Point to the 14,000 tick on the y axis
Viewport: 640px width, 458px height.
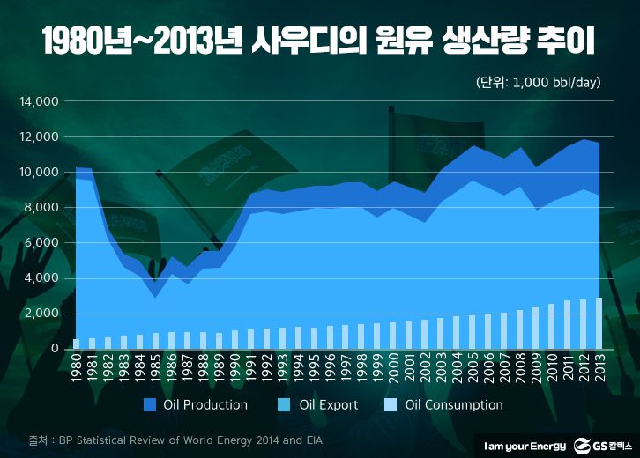pyautogui.click(x=39, y=101)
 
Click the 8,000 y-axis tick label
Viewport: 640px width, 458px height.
pyautogui.click(x=41, y=208)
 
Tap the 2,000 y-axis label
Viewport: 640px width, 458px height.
pyautogui.click(x=41, y=314)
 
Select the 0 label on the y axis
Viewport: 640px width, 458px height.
pyautogui.click(x=55, y=349)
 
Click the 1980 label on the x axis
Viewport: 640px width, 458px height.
pyautogui.click(x=76, y=370)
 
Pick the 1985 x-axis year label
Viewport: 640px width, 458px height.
pyautogui.click(x=156, y=370)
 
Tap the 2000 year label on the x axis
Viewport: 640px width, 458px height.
pyautogui.click(x=393, y=370)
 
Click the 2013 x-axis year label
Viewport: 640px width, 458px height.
pyautogui.click(x=599, y=370)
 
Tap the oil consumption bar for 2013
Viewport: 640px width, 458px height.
pyautogui.click(x=599, y=323)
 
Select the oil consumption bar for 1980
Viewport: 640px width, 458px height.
pyautogui.click(x=76, y=343)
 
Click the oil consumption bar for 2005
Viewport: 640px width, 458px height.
pyautogui.click(x=473, y=332)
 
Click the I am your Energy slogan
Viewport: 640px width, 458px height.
pyautogui.click(x=521, y=443)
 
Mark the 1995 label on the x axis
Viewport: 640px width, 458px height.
pyautogui.click(x=314, y=370)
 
